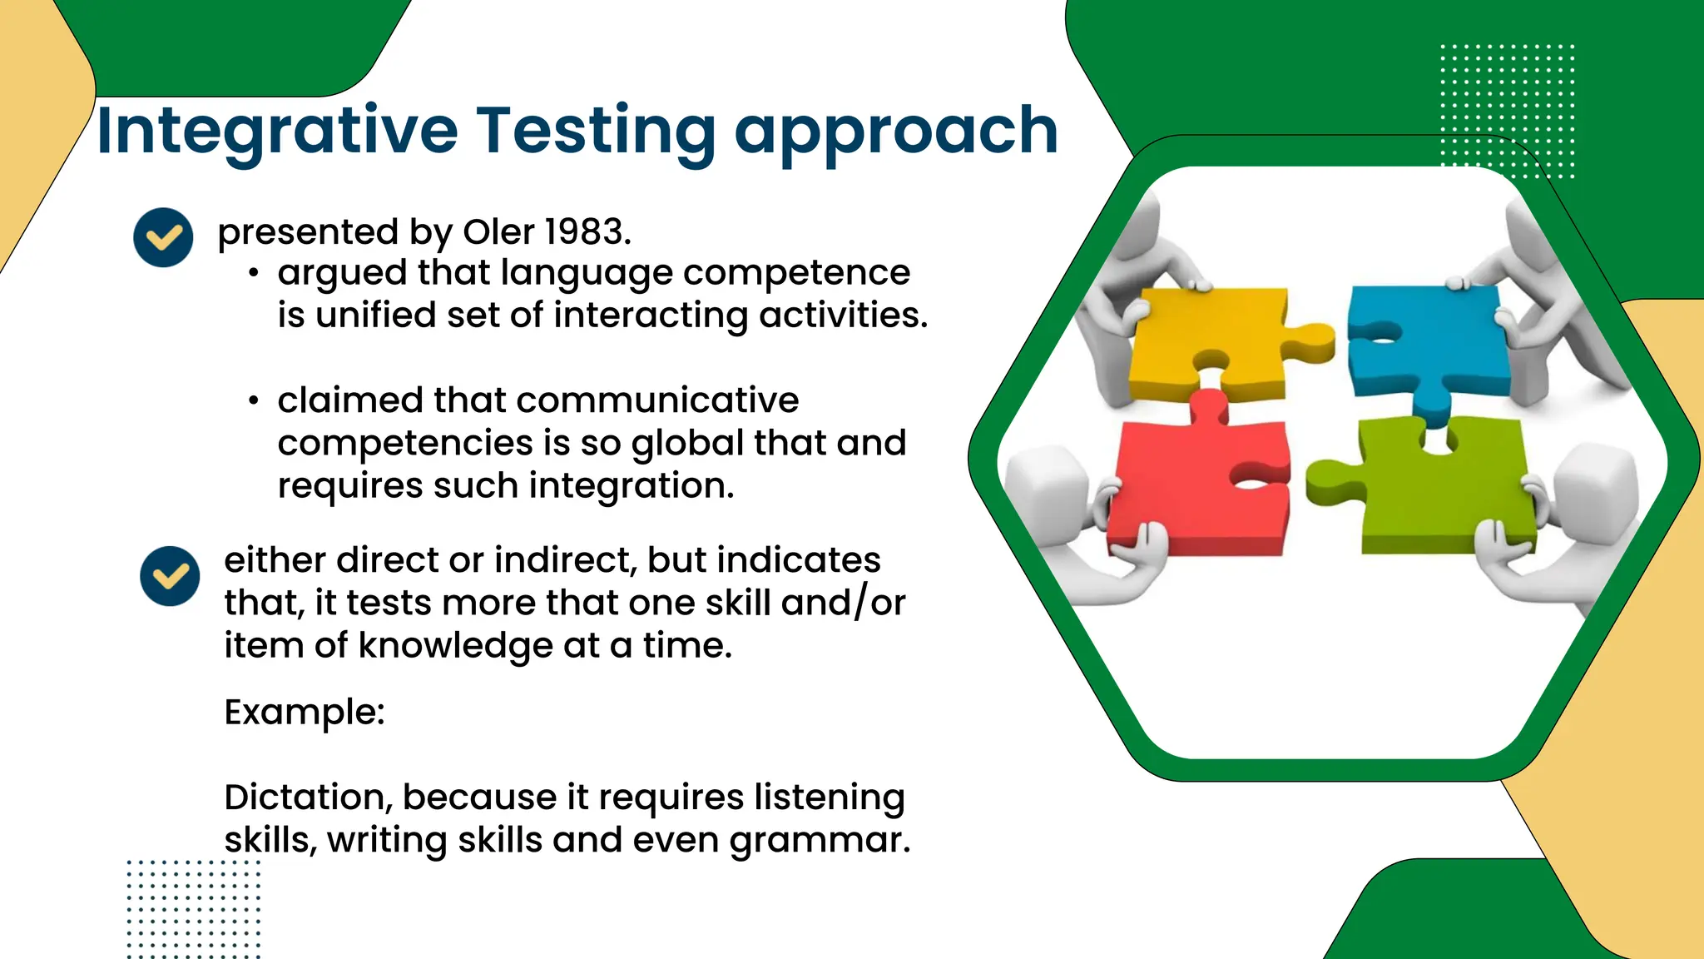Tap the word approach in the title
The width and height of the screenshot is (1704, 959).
pyautogui.click(x=896, y=132)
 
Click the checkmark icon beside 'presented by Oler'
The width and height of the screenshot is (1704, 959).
pyautogui.click(x=163, y=237)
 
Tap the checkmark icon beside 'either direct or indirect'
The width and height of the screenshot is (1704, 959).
pyautogui.click(x=170, y=576)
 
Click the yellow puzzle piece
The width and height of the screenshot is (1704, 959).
pyautogui.click(x=1206, y=341)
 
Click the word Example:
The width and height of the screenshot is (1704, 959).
pyautogui.click(x=305, y=713)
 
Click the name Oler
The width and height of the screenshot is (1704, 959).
pyautogui.click(x=498, y=231)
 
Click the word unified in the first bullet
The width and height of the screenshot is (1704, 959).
pyautogui.click(x=376, y=316)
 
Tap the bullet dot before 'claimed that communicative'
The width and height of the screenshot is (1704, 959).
pyautogui.click(x=254, y=401)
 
